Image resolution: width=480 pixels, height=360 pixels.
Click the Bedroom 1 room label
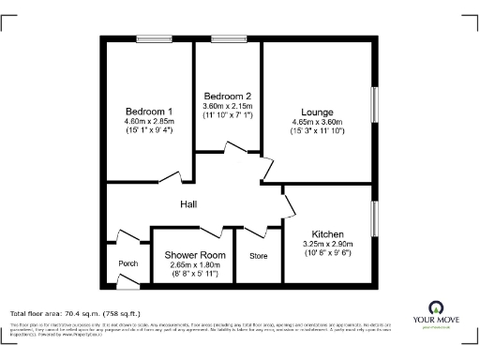point(149,111)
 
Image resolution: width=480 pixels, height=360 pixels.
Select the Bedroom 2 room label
point(228,97)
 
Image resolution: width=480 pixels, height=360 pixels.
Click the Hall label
point(188,204)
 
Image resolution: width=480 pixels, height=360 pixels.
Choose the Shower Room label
point(195,255)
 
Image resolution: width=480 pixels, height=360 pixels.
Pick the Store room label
point(258,255)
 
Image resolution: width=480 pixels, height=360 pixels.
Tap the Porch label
point(127,263)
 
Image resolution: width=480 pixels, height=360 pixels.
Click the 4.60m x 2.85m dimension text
point(149,121)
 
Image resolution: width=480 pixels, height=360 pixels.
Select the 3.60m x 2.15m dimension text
point(228,107)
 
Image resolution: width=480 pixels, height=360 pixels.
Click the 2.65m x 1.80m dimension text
point(195,264)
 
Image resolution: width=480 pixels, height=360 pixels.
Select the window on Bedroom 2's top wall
point(227,38)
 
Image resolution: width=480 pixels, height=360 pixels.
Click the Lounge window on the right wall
point(373,112)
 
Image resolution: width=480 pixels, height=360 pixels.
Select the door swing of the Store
point(272,231)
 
